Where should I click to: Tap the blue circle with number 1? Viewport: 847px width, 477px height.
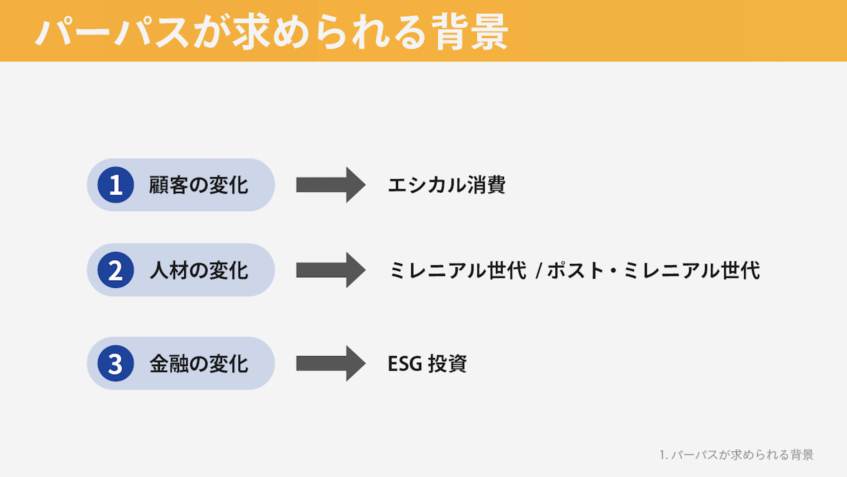(116, 185)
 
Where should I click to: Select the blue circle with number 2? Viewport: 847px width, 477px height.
(116, 270)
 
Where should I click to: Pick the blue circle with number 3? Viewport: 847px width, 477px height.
(116, 363)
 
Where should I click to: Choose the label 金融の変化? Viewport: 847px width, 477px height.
(199, 364)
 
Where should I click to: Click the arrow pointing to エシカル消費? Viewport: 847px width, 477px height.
(331, 185)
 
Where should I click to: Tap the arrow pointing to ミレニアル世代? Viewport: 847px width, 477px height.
(331, 270)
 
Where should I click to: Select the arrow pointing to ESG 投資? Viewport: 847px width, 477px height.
(331, 363)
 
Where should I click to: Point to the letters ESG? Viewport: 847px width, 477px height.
(405, 364)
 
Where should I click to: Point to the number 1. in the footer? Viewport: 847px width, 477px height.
(663, 455)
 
